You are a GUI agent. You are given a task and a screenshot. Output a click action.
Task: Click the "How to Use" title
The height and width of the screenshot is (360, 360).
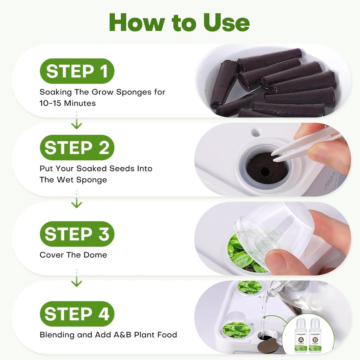(x=180, y=22)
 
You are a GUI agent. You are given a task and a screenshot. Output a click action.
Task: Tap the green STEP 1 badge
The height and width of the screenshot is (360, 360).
(x=77, y=71)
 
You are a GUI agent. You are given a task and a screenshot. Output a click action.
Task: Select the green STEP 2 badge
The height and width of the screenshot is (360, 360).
(x=77, y=148)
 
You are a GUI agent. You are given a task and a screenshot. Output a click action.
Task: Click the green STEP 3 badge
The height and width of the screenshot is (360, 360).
(x=77, y=234)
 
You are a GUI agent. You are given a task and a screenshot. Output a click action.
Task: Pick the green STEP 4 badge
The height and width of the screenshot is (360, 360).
(x=77, y=314)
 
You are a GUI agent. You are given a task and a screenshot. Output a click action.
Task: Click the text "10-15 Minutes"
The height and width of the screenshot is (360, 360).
(x=67, y=103)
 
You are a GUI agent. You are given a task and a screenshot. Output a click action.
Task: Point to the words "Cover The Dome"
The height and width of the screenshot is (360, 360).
(x=73, y=255)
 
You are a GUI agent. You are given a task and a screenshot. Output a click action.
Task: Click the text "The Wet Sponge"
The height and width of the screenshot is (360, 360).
(x=73, y=180)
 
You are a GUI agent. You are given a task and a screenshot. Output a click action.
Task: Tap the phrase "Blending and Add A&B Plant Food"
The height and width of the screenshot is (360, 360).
(x=108, y=335)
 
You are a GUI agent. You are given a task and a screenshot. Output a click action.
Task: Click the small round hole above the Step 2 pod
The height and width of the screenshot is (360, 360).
(x=256, y=133)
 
